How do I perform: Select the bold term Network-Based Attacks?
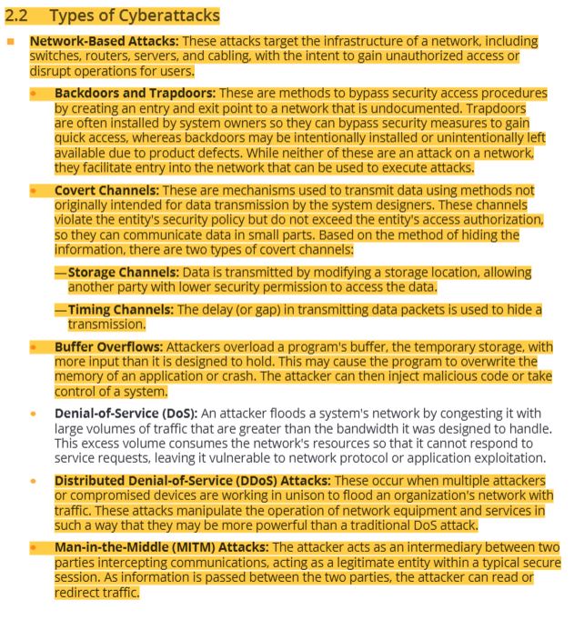pyautogui.click(x=103, y=42)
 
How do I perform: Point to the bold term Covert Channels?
pyautogui.click(x=106, y=190)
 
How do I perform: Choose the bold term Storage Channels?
pyautogui.click(x=123, y=273)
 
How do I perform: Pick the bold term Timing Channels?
pyautogui.click(x=121, y=310)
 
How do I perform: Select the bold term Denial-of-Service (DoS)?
pyautogui.click(x=125, y=413)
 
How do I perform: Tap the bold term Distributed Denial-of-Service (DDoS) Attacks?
pyautogui.click(x=191, y=480)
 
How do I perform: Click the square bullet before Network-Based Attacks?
pyautogui.click(x=10, y=42)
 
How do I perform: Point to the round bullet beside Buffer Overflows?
pyautogui.click(x=35, y=347)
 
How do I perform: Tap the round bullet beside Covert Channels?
pyautogui.click(x=35, y=190)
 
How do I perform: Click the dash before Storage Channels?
pyautogui.click(x=60, y=273)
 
